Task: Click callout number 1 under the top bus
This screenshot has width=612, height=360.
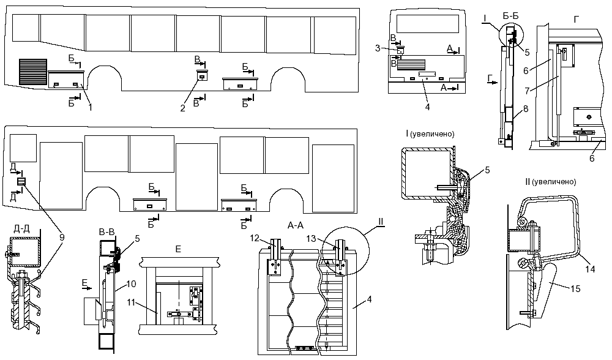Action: click(x=91, y=107)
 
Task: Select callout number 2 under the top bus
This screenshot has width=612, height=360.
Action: click(x=182, y=108)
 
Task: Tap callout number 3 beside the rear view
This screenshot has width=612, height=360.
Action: click(x=378, y=48)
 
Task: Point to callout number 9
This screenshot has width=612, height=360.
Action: click(x=62, y=238)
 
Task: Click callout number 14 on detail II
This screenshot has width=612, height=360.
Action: click(x=590, y=269)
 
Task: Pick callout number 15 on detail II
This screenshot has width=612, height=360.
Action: click(x=576, y=288)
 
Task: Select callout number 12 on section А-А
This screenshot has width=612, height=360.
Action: click(x=255, y=238)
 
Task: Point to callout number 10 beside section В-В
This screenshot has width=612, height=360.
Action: click(x=132, y=284)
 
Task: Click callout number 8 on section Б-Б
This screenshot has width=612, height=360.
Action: click(x=526, y=109)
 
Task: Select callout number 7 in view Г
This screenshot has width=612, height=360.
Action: click(x=527, y=91)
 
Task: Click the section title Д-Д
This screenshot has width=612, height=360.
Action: click(x=21, y=229)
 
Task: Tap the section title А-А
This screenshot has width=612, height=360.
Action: click(x=296, y=225)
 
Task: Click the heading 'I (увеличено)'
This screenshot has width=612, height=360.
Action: click(x=430, y=134)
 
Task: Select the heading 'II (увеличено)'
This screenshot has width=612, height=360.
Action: click(x=551, y=182)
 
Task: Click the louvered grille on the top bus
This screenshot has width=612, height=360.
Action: click(x=33, y=72)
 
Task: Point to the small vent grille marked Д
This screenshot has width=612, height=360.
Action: click(x=21, y=182)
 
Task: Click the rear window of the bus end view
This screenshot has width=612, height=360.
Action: click(x=427, y=24)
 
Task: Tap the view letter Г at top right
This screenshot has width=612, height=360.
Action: click(x=577, y=20)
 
